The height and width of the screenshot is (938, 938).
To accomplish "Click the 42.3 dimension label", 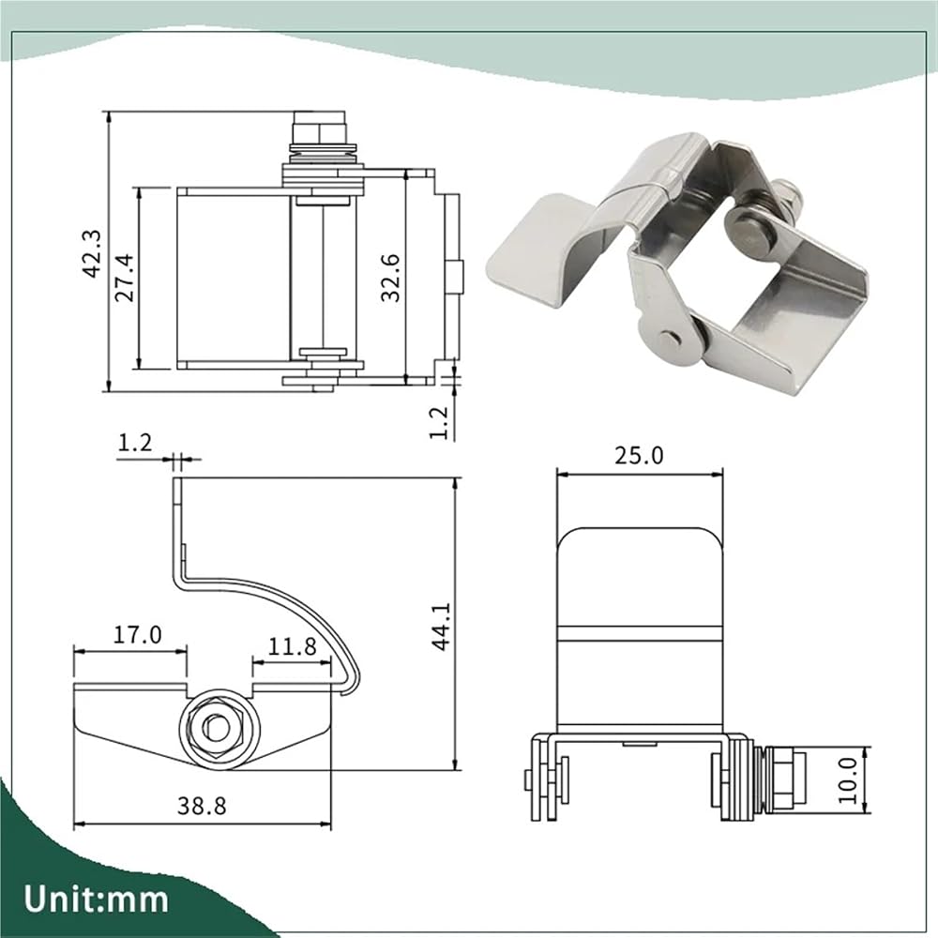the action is click(92, 253).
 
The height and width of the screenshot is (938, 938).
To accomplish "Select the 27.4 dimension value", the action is click(125, 277).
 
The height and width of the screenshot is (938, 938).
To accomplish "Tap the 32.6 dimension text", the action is click(390, 277).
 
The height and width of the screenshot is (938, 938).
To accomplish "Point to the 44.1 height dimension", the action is click(442, 626).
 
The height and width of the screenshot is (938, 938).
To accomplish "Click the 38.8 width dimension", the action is click(202, 806).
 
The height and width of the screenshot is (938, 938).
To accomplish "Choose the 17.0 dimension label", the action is click(138, 634).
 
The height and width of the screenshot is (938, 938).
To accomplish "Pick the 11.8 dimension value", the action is click(292, 646).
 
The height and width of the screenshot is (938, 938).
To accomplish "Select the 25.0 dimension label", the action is click(639, 456).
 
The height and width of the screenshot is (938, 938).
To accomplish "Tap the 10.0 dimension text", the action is click(848, 780).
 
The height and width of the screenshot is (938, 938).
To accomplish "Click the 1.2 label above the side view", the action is click(135, 444).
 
